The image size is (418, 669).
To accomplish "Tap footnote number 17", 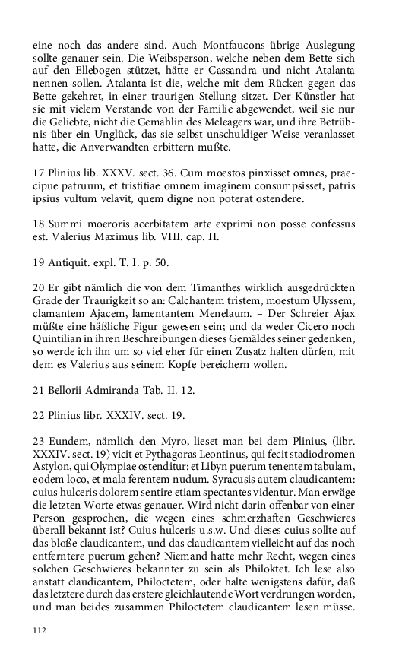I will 39,173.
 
